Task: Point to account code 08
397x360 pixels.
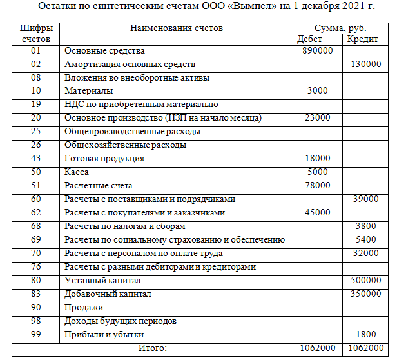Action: [35, 77]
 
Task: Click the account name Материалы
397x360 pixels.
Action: [89, 91]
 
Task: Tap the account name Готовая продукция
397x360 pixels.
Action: [104, 159]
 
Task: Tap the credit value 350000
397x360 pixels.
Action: [366, 294]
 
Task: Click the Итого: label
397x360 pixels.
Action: [153, 348]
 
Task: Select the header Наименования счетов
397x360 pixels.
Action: [177, 29]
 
